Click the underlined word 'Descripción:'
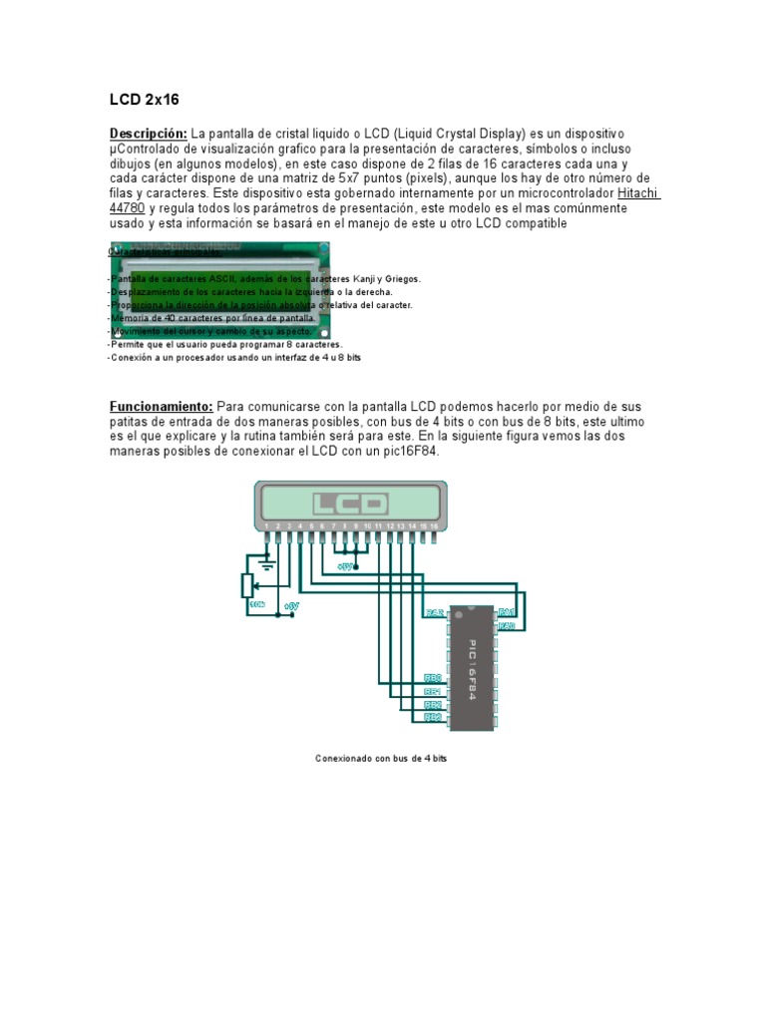[148, 134]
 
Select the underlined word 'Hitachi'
[638, 193]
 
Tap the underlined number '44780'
[127, 208]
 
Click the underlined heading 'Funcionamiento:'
[160, 407]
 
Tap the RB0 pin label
[433, 678]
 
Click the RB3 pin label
[433, 717]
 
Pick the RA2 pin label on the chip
[434, 612]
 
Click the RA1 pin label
[507, 611]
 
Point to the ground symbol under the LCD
[266, 562]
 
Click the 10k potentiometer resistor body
[247, 585]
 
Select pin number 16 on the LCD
[434, 525]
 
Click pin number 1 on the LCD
[266, 525]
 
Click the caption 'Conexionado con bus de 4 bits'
[382, 759]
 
